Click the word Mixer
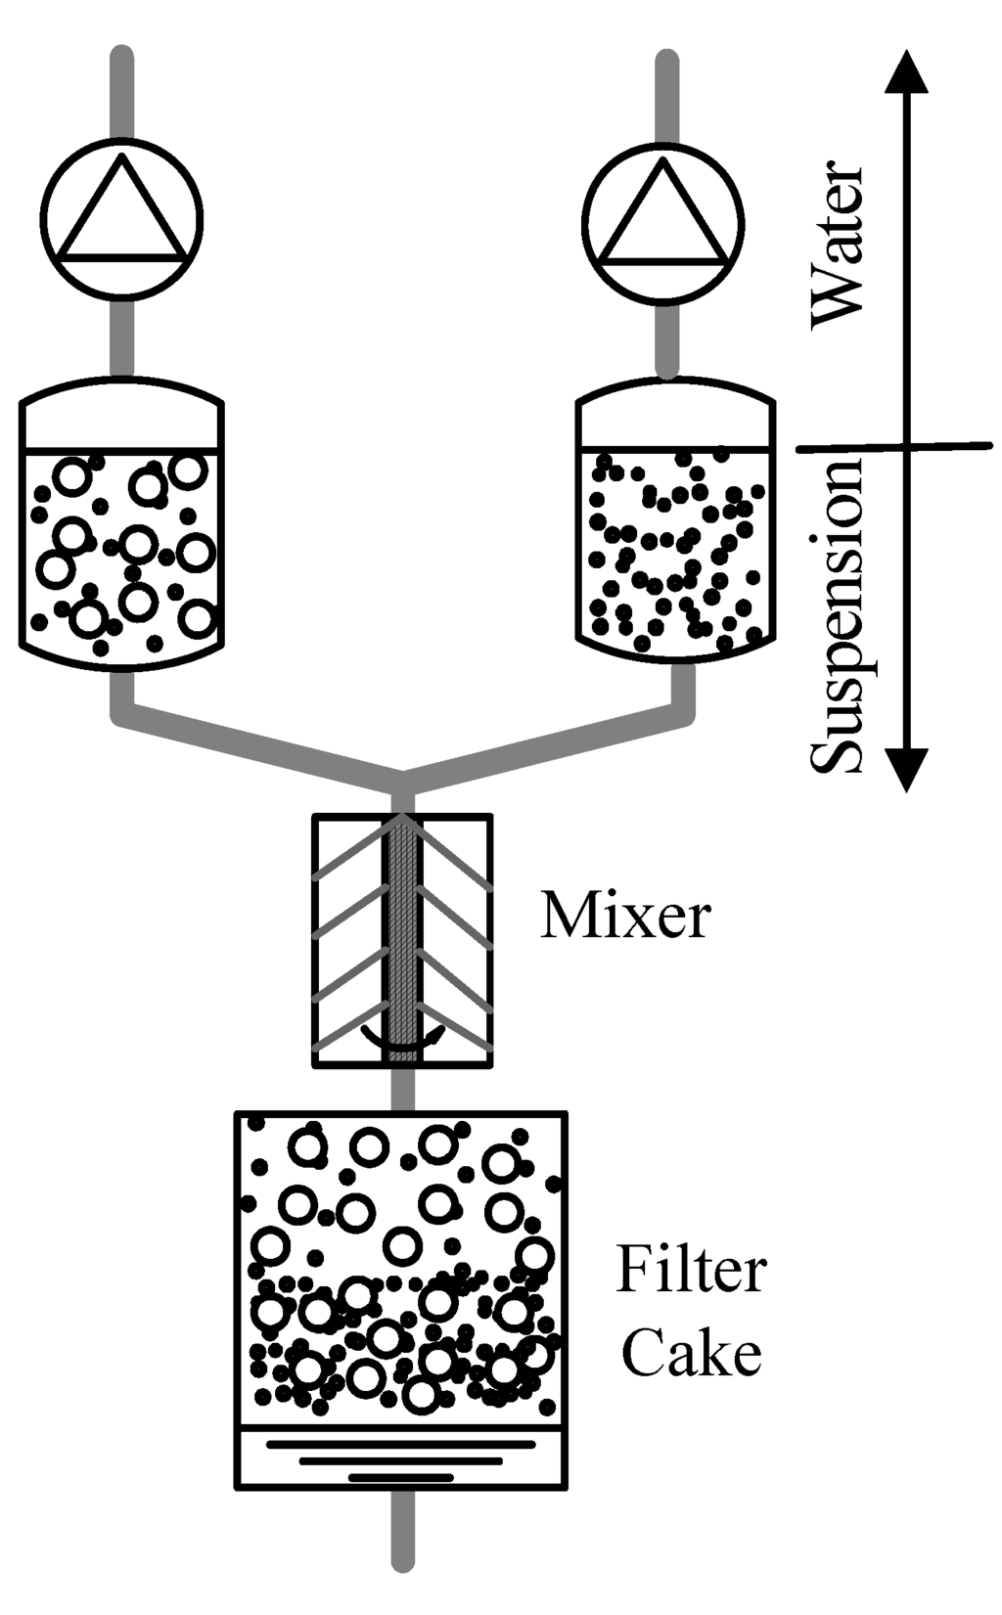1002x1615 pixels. coord(624,917)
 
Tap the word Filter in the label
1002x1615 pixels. coord(690,1271)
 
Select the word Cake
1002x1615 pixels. coord(691,1355)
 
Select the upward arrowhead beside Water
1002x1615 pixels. coord(907,72)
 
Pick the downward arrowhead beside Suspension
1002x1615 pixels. coord(907,768)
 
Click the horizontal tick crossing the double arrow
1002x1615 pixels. coord(895,447)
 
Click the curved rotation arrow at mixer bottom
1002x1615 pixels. coord(402,1043)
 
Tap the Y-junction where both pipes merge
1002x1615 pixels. coord(402,778)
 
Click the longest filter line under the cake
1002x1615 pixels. coord(401,1443)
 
